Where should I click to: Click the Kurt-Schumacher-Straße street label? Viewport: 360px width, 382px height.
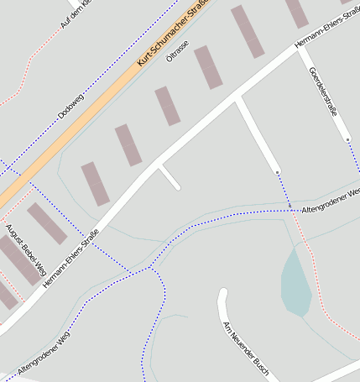[x=171, y=35]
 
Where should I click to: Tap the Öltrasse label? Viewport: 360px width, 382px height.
[x=177, y=51]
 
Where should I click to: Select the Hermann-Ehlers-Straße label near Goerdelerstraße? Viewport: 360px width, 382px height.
[x=326, y=34]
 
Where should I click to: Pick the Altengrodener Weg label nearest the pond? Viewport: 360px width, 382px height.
[x=330, y=200]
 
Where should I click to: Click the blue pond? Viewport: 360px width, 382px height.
[x=295, y=282]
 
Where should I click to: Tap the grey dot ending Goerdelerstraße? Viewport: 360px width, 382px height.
[x=347, y=139]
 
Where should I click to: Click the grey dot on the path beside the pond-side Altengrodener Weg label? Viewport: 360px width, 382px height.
[x=290, y=205]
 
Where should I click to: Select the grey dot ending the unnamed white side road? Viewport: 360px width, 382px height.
[x=277, y=173]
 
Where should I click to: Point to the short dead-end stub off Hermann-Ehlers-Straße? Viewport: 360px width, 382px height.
[x=170, y=178]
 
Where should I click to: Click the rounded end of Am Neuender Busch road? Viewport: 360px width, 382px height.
[x=222, y=293]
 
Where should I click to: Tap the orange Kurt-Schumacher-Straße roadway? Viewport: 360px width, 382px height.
[x=101, y=107]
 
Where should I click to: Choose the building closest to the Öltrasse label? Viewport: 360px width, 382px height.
[x=208, y=67]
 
